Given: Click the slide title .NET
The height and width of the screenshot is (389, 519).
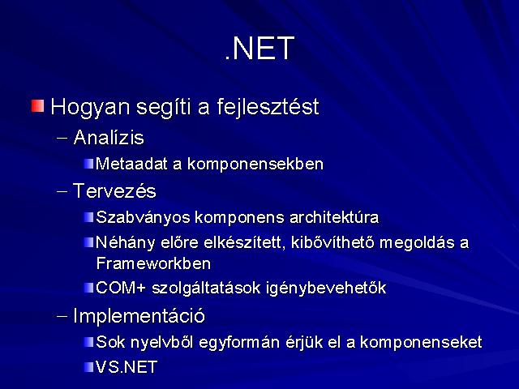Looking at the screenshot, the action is [x=259, y=49].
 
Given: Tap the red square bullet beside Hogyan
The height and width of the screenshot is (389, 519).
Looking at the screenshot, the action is [x=38, y=106].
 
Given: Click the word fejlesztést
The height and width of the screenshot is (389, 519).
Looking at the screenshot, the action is [x=268, y=108].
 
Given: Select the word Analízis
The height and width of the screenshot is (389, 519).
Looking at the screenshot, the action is [x=109, y=137].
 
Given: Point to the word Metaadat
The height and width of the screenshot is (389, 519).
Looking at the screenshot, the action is [x=131, y=164].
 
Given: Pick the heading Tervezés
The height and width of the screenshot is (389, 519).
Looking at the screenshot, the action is [x=114, y=191].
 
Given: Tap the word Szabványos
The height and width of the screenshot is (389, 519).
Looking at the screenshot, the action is [x=143, y=218].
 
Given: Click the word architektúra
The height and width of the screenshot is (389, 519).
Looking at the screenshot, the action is [x=334, y=217].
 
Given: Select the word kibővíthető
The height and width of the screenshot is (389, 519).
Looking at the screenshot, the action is [x=332, y=242].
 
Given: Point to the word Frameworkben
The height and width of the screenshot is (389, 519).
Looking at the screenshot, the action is [x=153, y=263].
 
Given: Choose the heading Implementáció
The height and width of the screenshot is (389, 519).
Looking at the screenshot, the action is [x=139, y=316].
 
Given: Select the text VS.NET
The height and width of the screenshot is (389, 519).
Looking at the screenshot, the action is [x=127, y=367].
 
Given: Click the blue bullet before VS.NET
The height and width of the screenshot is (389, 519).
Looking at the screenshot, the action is [x=88, y=367].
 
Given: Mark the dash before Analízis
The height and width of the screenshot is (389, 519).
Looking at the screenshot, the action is [x=62, y=138].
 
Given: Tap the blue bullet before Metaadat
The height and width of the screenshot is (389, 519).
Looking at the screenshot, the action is [x=88, y=164].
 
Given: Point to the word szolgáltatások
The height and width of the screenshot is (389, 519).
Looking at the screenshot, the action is [x=206, y=289].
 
